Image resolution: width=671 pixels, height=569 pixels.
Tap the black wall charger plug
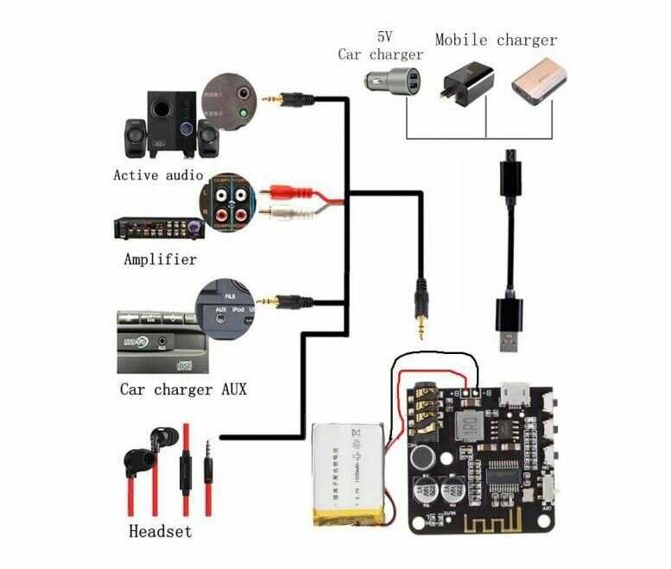[468, 86]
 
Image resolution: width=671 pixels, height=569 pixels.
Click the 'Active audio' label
[158, 174]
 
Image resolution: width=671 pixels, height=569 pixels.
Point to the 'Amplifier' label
[160, 259]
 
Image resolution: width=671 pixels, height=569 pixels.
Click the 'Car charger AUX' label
[182, 389]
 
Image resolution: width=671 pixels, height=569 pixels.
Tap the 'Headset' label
[160, 531]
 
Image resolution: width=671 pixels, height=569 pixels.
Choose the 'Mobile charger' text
[496, 40]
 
